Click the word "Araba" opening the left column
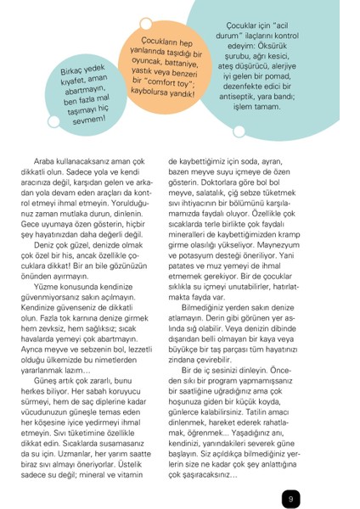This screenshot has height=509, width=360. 47,160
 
